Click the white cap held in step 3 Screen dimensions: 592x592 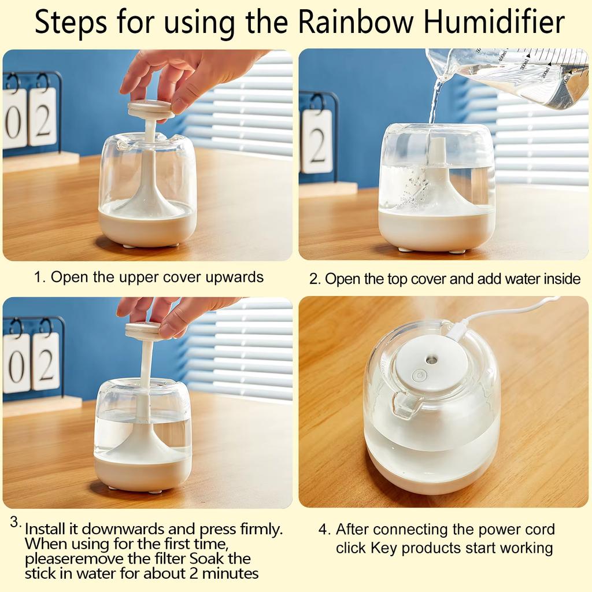click(x=144, y=331)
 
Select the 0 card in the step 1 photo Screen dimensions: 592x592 click(x=14, y=119)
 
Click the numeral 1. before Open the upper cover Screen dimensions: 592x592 click(x=39, y=277)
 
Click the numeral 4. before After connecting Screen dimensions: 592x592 click(x=324, y=530)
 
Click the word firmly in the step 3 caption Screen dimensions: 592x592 click(x=257, y=529)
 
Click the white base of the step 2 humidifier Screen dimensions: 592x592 click(x=436, y=231)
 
